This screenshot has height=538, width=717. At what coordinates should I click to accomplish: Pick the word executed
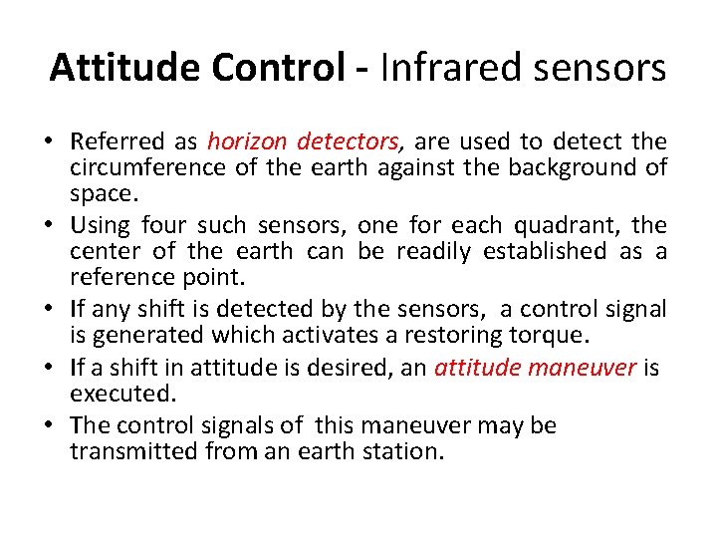pyautogui.click(x=112, y=393)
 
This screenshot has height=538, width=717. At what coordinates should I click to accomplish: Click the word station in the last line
pyautogui.click(x=405, y=451)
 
